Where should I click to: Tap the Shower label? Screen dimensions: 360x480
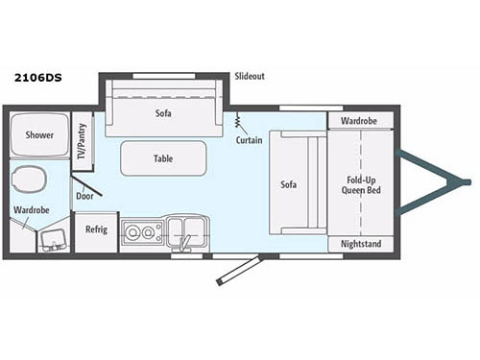(x=39, y=135)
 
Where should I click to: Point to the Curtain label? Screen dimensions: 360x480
(x=249, y=140)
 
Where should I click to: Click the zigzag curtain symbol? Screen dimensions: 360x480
(x=237, y=121)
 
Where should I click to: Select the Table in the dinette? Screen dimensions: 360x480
(x=163, y=157)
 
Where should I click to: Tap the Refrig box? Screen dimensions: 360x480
(x=96, y=229)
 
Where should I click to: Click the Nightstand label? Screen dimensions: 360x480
(x=361, y=245)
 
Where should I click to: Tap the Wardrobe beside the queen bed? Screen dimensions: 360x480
(x=361, y=121)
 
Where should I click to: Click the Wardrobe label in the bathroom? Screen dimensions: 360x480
(x=32, y=209)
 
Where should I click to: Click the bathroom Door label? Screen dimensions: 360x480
(x=85, y=196)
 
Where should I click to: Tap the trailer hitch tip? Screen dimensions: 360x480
(x=467, y=181)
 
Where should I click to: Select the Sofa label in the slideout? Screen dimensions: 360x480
(x=163, y=112)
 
